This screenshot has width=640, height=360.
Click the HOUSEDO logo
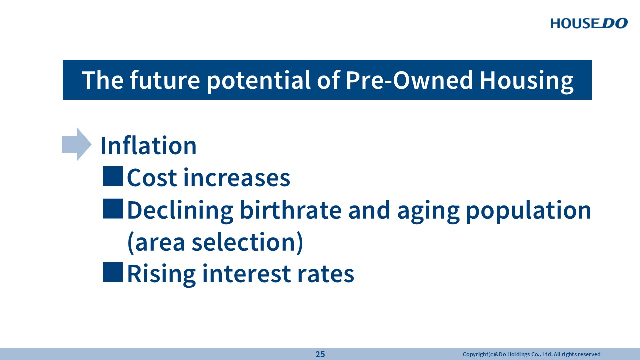(589, 23)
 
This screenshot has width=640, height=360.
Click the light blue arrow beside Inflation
(77, 144)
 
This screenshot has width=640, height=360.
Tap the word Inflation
(148, 145)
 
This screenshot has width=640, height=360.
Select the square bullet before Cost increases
(113, 176)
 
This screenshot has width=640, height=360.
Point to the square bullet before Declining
(113, 209)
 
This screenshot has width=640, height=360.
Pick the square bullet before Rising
(113, 272)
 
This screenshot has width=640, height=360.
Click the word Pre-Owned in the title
(409, 80)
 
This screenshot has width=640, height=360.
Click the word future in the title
(165, 80)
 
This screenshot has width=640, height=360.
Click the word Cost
(152, 178)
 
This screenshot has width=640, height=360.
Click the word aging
(428, 212)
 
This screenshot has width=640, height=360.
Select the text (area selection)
(215, 243)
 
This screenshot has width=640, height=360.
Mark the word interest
(247, 273)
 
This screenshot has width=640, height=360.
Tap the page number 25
(320, 354)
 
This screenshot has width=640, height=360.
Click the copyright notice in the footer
(531, 354)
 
